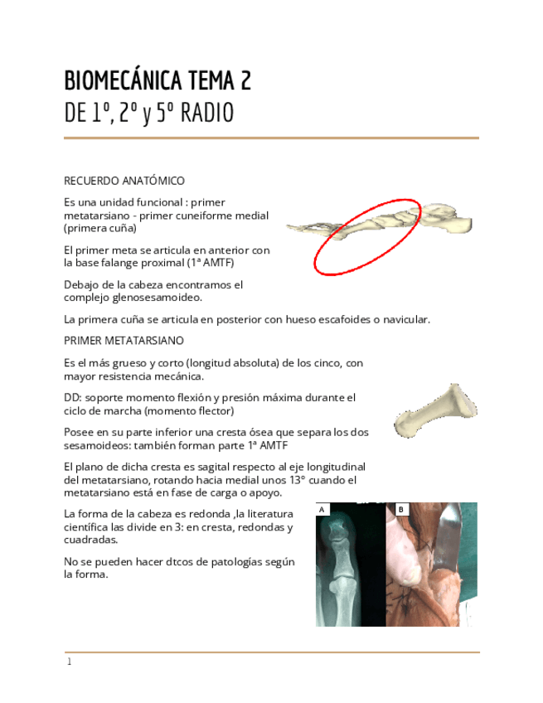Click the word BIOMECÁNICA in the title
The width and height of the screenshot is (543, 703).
123,81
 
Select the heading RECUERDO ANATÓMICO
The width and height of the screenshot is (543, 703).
124,181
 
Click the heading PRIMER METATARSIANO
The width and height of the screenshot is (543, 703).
124,341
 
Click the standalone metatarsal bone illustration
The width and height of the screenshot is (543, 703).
435,412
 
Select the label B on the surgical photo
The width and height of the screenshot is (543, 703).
400,509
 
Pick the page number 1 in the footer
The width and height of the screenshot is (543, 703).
70,662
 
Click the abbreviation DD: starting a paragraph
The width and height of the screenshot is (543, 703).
72,398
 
